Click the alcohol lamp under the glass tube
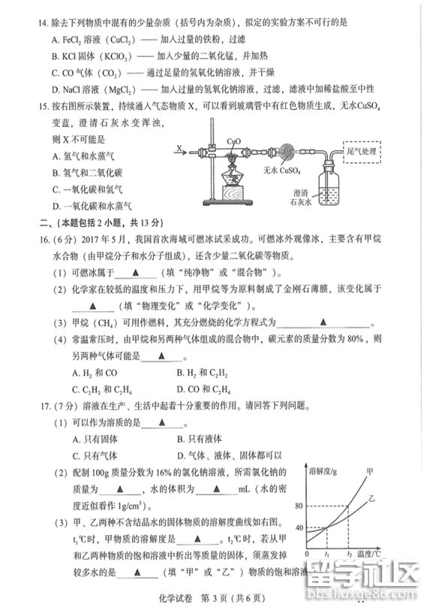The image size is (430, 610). [x=235, y=180]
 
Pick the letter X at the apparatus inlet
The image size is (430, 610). [x=180, y=149]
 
